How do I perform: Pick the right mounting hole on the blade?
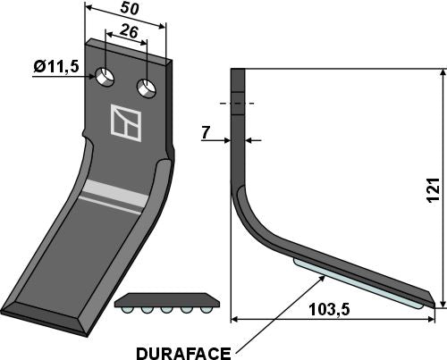(x=146, y=88)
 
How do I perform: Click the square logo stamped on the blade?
(x=125, y=121)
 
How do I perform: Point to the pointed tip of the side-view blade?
(x=438, y=306)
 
